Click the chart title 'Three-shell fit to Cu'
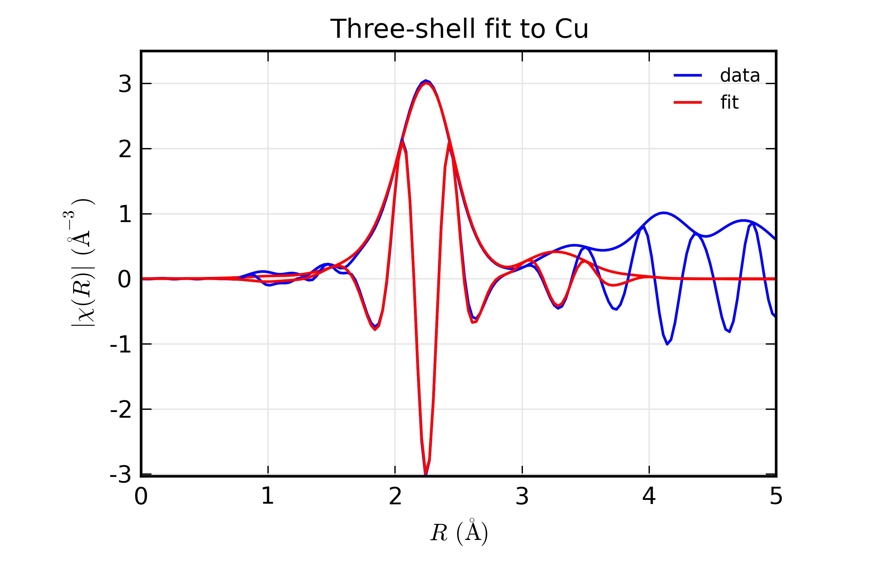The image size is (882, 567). pos(459,29)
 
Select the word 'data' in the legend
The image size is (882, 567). pos(740,76)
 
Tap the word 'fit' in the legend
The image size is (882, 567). pos(729,102)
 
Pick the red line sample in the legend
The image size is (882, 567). pos(687,102)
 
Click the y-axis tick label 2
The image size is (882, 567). pos(125,150)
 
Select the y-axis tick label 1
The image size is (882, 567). pos(125,215)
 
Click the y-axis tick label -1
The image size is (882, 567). pos(120,345)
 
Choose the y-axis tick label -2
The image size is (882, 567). pos(120,410)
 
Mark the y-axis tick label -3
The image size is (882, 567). pos(120,475)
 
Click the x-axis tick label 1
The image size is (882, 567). pos(268,496)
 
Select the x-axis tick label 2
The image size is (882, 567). pos(395,496)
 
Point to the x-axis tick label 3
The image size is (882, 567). pos(522,496)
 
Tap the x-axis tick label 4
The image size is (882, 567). pos(649,496)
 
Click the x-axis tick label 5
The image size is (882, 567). pos(776,496)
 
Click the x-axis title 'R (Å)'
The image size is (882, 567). pos(459,532)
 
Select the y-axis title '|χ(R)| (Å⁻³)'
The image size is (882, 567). pos(79,262)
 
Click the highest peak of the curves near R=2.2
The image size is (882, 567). pos(426,81)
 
